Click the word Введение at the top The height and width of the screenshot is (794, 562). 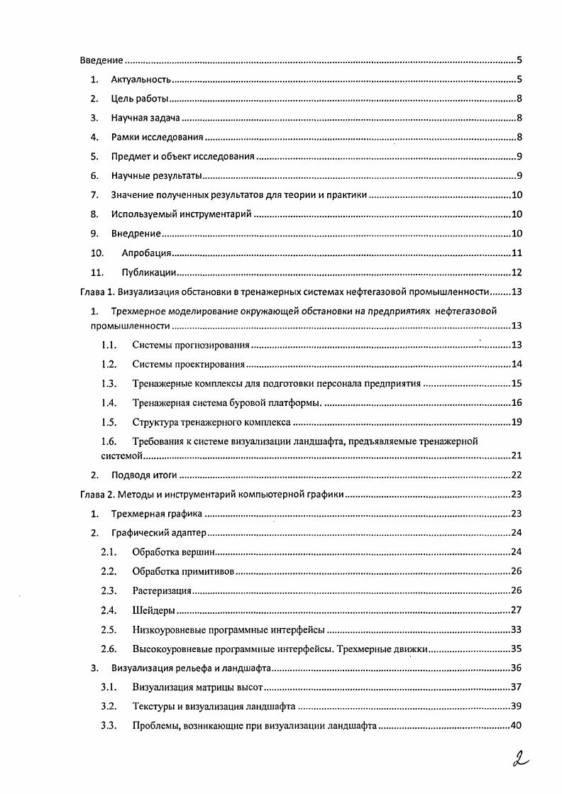101,60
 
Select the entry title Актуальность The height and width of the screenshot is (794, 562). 140,79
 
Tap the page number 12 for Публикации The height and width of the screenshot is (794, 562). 517,272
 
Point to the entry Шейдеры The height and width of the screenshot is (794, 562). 154,610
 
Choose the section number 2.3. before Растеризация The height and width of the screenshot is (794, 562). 108,590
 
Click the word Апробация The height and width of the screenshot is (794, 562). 146,253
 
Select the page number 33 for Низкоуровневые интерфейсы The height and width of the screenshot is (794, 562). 517,629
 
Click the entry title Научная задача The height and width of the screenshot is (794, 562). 145,118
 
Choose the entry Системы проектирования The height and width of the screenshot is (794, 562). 188,365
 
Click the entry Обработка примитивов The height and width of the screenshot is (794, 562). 184,571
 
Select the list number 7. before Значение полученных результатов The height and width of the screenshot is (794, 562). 94,195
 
